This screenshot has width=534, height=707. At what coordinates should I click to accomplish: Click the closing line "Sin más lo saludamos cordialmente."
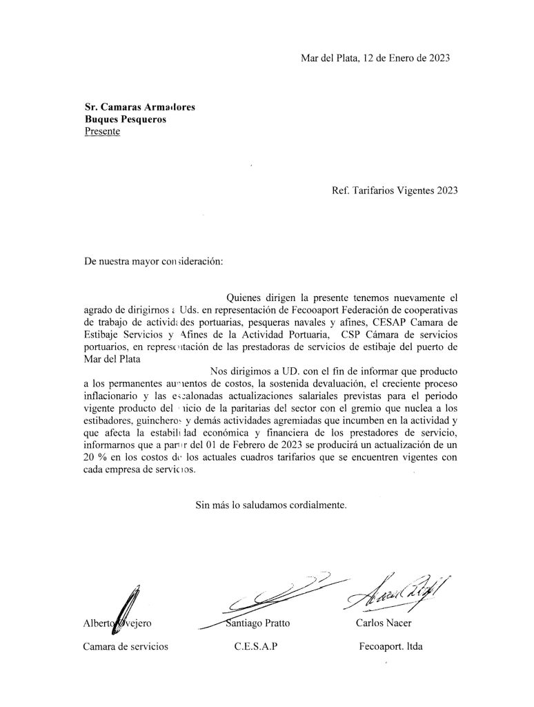tap(271, 505)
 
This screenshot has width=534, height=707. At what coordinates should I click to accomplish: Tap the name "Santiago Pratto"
tap(257, 623)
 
